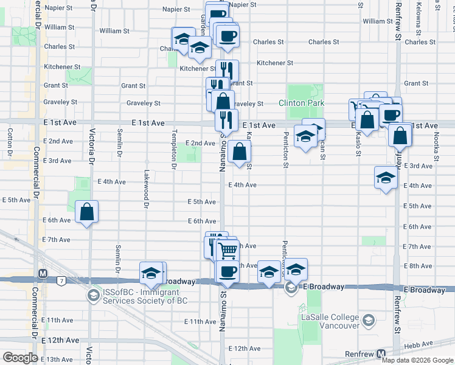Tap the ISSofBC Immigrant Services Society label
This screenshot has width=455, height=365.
(145, 296)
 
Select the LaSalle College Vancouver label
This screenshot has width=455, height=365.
(328, 321)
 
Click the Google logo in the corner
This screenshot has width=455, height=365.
(20, 358)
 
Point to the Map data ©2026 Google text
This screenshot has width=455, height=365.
(417, 360)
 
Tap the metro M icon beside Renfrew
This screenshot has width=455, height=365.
(381, 353)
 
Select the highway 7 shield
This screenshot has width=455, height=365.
(61, 280)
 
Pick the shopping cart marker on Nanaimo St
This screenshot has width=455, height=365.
(227, 249)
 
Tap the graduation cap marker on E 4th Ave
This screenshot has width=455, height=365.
(386, 178)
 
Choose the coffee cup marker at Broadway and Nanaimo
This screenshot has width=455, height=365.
(227, 271)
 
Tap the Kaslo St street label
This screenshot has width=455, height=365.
(358, 146)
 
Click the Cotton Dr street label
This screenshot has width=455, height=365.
(10, 141)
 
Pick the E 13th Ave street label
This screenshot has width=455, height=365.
(57, 359)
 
